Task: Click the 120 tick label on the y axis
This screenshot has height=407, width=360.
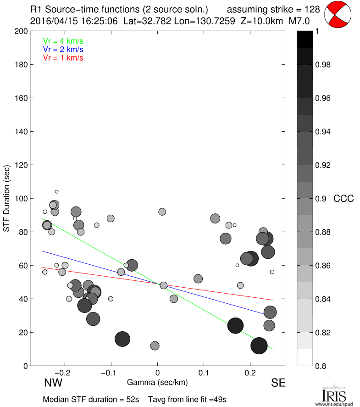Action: click(20, 165)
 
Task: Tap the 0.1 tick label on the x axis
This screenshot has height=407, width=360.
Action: click(204, 373)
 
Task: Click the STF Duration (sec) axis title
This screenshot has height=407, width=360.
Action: click(7, 198)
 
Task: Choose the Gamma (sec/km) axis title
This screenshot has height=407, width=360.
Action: click(157, 382)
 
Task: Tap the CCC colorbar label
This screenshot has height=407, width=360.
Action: click(343, 199)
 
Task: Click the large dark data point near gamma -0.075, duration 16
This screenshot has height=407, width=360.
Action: click(122, 339)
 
